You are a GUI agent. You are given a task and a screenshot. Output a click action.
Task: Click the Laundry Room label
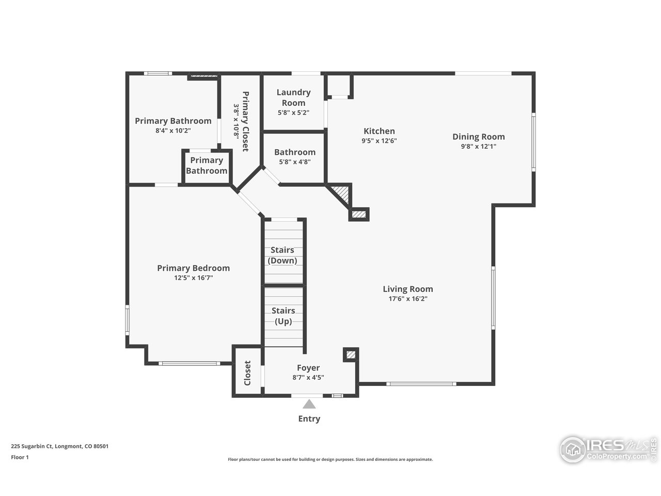[x=293, y=97]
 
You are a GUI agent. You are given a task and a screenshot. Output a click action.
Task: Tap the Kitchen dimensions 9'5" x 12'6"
[x=379, y=141]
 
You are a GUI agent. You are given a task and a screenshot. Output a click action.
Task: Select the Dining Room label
[x=478, y=137]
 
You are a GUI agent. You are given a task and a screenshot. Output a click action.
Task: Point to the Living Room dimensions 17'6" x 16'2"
[x=407, y=299]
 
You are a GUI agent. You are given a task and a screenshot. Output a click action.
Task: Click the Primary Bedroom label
[x=193, y=268]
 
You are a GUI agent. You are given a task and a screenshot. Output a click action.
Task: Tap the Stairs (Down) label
[x=282, y=255]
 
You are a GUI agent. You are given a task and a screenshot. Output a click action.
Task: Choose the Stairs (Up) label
[x=283, y=316]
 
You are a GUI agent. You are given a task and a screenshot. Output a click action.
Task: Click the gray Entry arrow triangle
[x=309, y=404]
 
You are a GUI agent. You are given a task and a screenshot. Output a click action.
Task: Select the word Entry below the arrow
[x=309, y=419]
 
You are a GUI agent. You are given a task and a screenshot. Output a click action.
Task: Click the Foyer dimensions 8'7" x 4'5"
[x=308, y=377]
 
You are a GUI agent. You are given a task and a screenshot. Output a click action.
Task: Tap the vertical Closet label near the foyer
[x=247, y=373]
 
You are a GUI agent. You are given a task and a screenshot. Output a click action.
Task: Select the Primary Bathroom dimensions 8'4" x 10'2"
[x=173, y=131]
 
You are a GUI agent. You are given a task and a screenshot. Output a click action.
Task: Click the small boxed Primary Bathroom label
[x=206, y=165]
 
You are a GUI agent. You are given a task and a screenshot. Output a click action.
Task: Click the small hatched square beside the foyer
[x=351, y=354]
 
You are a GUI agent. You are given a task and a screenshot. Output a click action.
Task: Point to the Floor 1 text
[x=20, y=457]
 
